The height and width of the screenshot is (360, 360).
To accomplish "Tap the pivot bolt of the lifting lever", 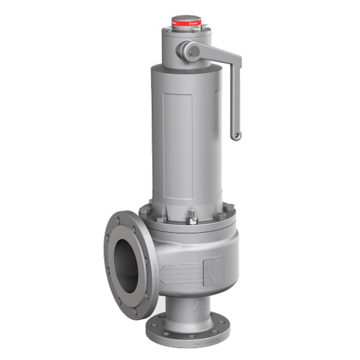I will pos(193,52).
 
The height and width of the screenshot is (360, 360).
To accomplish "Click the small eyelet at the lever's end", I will pos(236,136).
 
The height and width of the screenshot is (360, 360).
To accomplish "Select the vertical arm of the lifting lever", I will pos(235,96).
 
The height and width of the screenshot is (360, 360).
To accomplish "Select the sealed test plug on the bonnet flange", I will pos(193,217).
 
